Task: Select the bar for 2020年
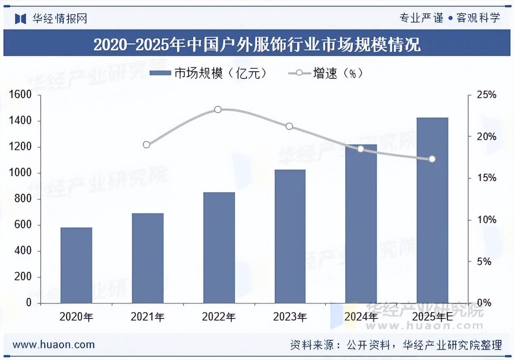click(x=76, y=265)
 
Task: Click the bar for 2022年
click(x=219, y=248)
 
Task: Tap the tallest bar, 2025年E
click(x=432, y=210)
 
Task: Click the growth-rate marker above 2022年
click(x=218, y=110)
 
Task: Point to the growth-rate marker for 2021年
click(x=146, y=145)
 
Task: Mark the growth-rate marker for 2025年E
click(x=432, y=159)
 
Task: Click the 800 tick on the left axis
click(x=23, y=199)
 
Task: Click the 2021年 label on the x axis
click(x=147, y=317)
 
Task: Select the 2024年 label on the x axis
click(x=361, y=317)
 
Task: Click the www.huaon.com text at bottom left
click(x=54, y=345)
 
